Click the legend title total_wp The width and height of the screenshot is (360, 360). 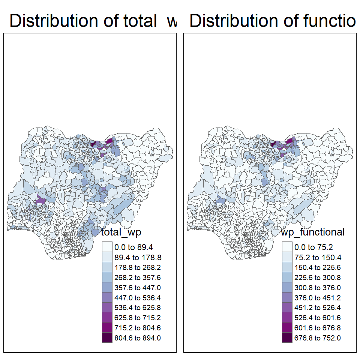pos(121,232)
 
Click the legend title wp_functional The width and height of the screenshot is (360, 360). pos(313,232)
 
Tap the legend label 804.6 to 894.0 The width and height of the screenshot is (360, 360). pos(138,338)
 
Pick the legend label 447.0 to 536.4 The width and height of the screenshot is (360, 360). pos(138,298)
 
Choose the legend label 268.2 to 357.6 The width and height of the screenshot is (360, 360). pos(138,277)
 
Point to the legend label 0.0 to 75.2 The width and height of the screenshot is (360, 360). pos(313,247)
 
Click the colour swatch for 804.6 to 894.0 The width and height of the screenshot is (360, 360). pos(107,338)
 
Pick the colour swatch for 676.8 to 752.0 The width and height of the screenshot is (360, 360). pos(287,338)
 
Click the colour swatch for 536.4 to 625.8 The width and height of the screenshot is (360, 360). pos(107,307)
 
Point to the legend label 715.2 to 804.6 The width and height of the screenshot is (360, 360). pos(138,328)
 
